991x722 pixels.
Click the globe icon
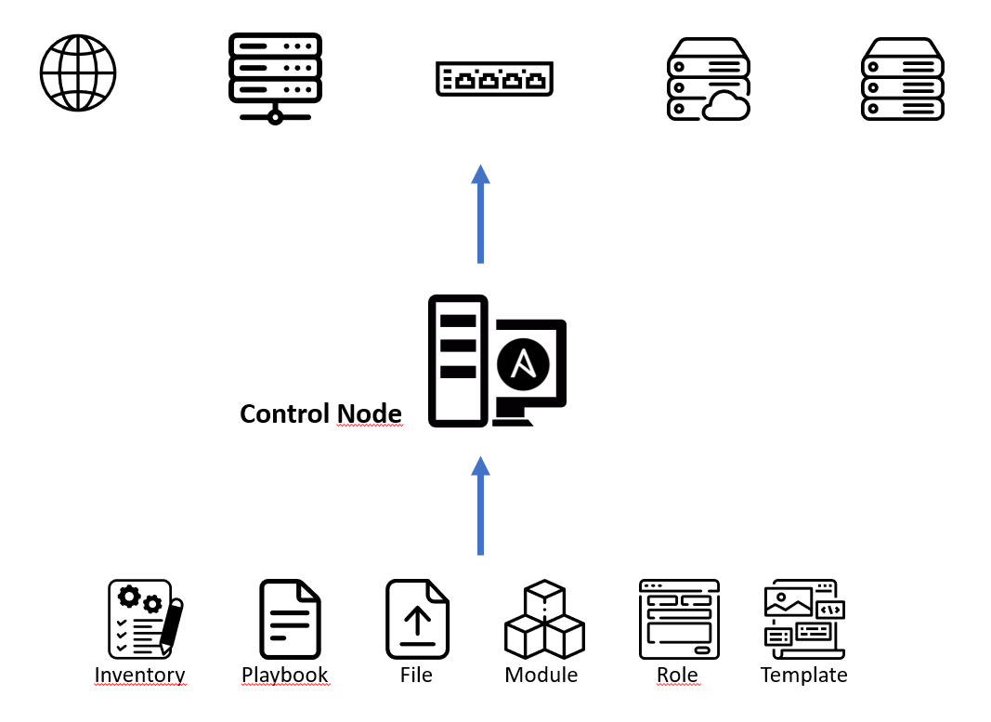[78, 72]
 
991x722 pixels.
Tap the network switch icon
[494, 78]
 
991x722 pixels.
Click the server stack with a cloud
[708, 79]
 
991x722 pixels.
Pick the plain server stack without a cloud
[902, 79]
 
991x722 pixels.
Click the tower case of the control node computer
[458, 361]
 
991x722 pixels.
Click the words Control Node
[320, 414]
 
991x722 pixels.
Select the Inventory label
[140, 676]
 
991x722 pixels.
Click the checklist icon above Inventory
[144, 617]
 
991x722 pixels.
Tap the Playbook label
[285, 676]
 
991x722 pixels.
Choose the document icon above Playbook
[290, 618]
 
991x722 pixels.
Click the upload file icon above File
[417, 618]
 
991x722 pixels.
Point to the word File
[416, 675]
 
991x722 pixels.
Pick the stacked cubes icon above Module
[544, 620]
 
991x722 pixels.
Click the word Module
[541, 675]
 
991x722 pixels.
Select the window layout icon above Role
[679, 618]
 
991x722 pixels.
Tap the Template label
[803, 675]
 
